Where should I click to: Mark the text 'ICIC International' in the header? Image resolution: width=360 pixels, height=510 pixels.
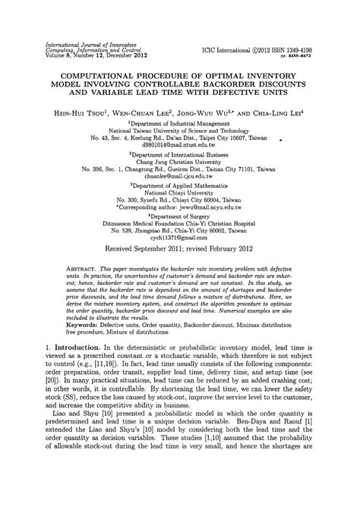[x=226, y=49]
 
